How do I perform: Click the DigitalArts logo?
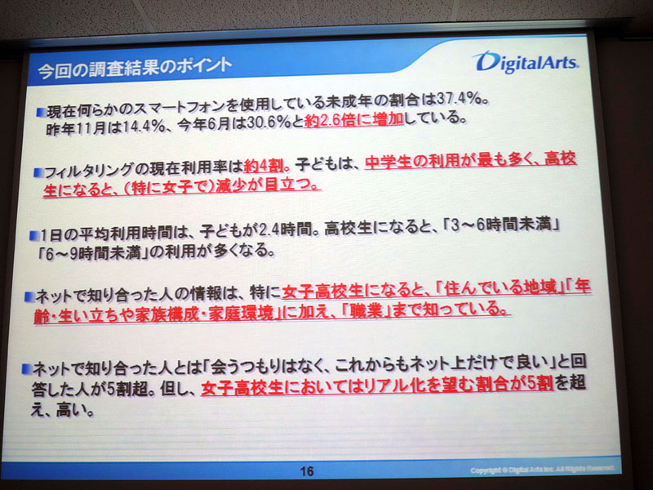click(526, 62)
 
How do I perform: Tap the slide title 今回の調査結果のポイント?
click(135, 68)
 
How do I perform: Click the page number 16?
click(307, 471)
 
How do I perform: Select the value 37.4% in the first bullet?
click(457, 100)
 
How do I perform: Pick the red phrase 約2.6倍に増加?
click(354, 121)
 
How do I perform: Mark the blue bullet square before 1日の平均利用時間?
click(33, 236)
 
